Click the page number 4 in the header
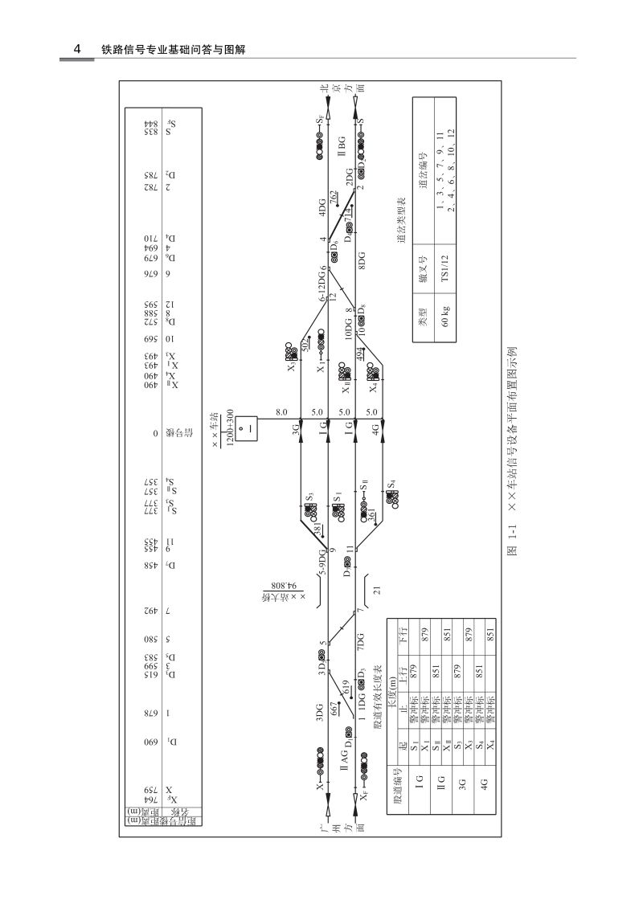pyautogui.click(x=76, y=49)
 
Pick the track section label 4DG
pyautogui.click(x=321, y=207)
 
